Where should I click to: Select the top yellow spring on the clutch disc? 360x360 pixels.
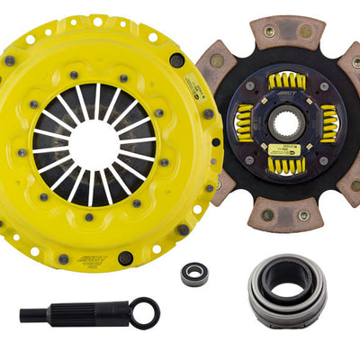click(x=287, y=83)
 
